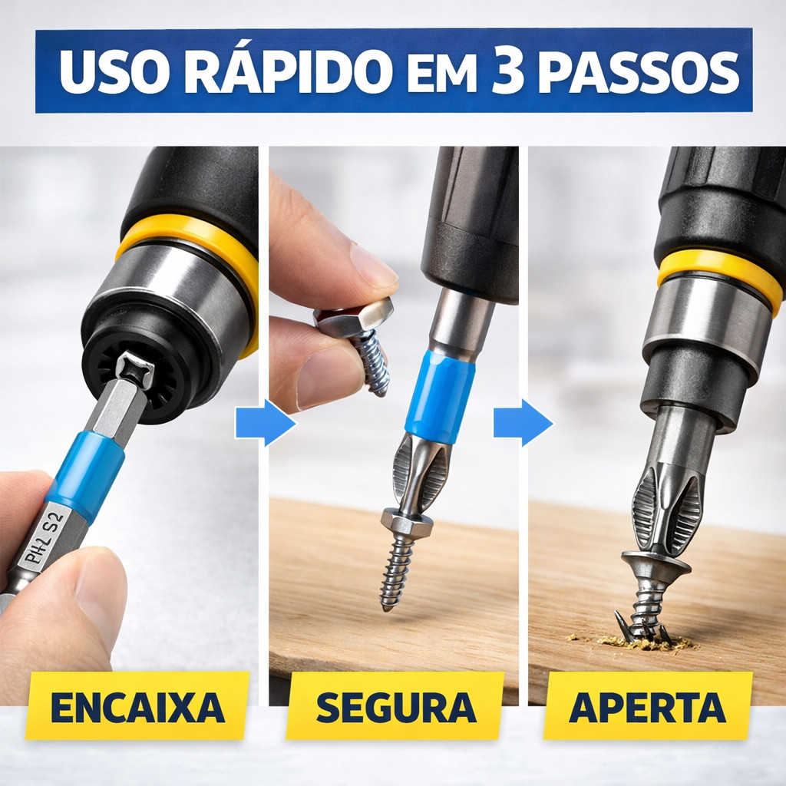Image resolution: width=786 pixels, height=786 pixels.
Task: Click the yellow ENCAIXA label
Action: pos(137,706)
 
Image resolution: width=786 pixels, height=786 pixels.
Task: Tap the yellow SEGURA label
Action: pos(395,707)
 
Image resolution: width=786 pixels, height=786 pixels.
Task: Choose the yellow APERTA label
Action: pos(648,707)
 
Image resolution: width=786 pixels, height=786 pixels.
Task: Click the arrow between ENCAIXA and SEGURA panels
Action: pos(265,423)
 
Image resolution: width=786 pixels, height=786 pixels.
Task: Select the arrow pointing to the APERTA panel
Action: pos(523,423)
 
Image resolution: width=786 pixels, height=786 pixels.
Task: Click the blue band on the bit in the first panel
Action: pos(85,474)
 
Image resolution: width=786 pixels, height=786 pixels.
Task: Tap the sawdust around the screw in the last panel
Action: pos(632,641)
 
